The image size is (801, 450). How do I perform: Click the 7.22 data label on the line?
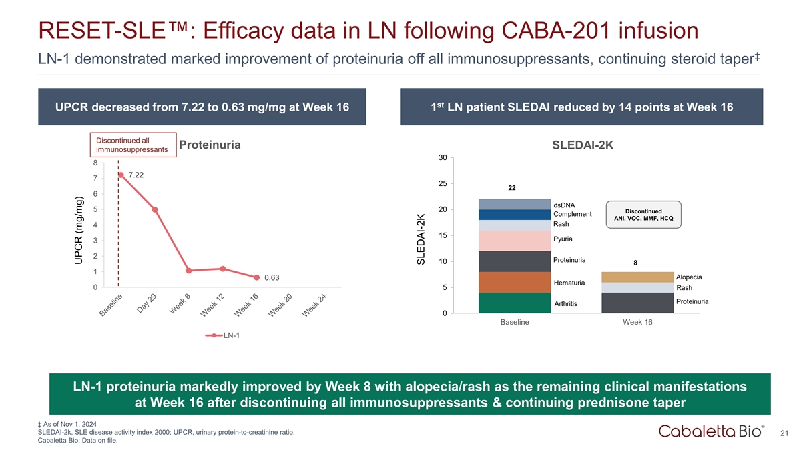136,175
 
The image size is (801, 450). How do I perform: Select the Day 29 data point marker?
155,209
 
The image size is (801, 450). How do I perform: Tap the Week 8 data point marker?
189,271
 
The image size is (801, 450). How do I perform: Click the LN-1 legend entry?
222,335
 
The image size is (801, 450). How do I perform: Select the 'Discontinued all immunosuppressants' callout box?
132,145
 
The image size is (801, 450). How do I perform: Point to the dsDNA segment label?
564,204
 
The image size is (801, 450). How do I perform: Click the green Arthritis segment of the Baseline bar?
514,303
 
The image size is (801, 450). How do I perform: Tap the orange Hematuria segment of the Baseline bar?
514,282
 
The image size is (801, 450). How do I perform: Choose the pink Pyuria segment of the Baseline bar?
514,241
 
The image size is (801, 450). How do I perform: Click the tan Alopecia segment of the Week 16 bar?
637,277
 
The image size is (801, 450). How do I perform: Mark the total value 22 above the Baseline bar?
512,188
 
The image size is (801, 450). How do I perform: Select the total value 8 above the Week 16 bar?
635,263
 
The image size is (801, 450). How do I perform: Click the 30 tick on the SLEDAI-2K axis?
443,158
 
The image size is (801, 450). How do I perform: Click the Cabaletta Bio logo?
712,432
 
